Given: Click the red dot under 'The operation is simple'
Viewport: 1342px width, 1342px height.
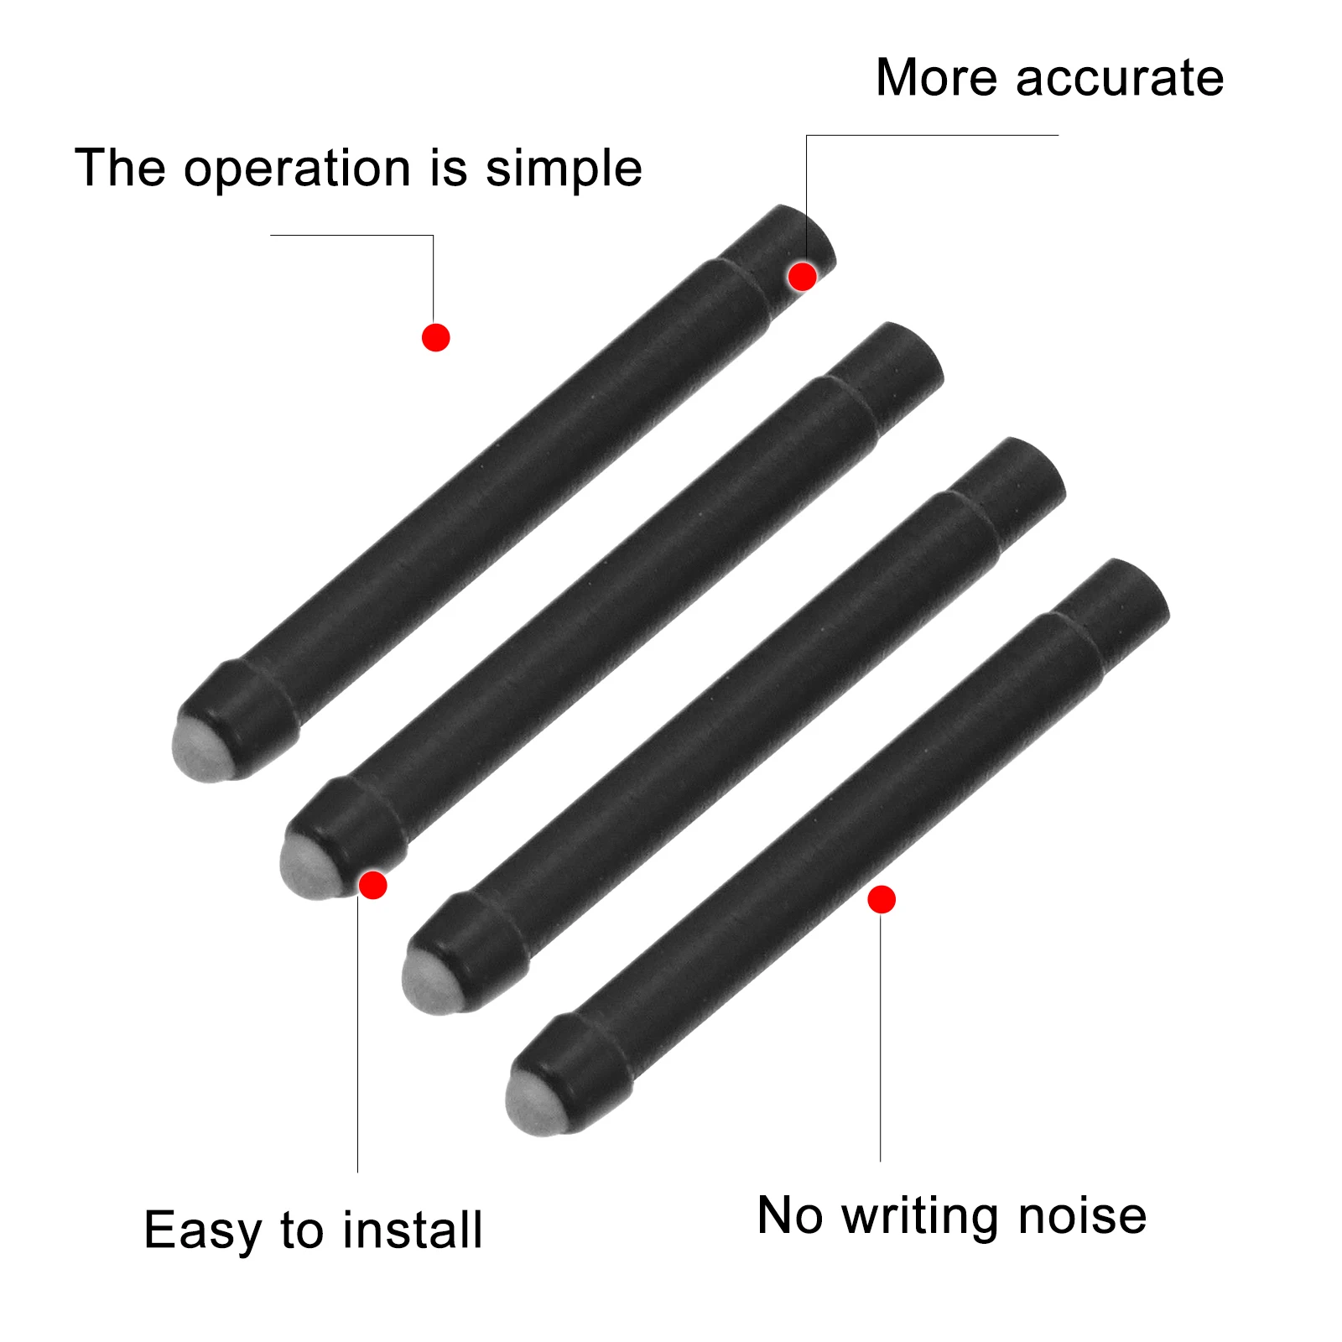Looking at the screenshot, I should tap(435, 337).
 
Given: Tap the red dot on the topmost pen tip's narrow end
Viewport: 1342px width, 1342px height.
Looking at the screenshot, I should tap(803, 276).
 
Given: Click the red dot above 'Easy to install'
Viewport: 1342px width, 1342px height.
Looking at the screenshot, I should tap(372, 885).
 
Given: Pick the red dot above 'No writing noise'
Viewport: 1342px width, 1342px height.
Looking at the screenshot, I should tap(882, 899).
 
